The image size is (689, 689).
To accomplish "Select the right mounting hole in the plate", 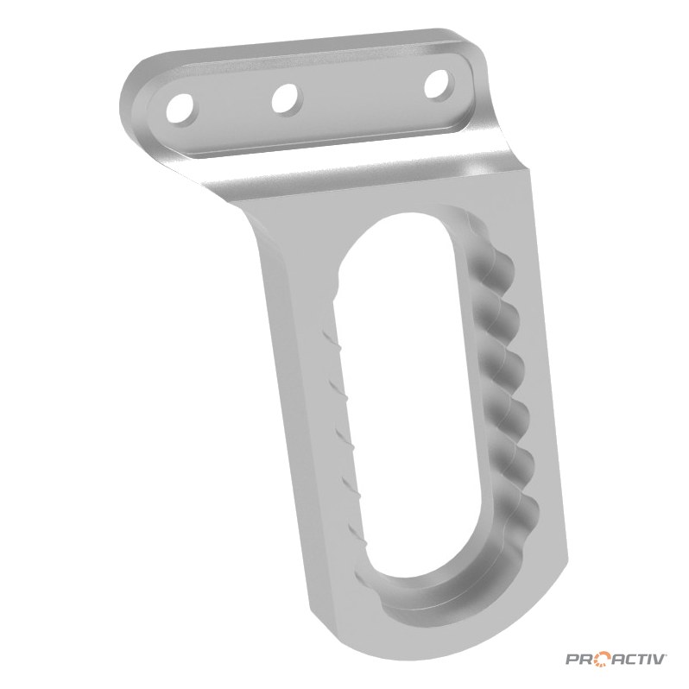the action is (x=439, y=83).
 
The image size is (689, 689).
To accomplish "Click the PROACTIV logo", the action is (x=615, y=659).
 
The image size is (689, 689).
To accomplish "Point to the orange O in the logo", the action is (x=603, y=660).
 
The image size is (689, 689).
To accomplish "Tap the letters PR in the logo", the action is (x=578, y=660).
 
